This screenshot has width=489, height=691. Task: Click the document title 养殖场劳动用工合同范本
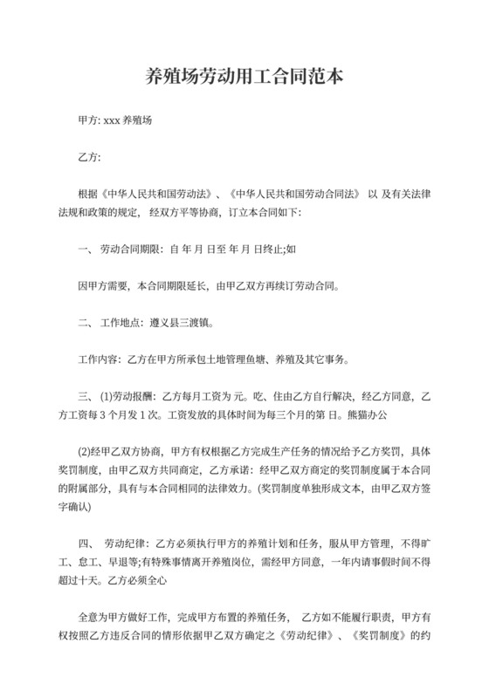point(244,77)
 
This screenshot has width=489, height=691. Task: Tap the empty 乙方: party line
point(90,158)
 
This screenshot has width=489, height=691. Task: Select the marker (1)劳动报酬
point(127,396)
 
